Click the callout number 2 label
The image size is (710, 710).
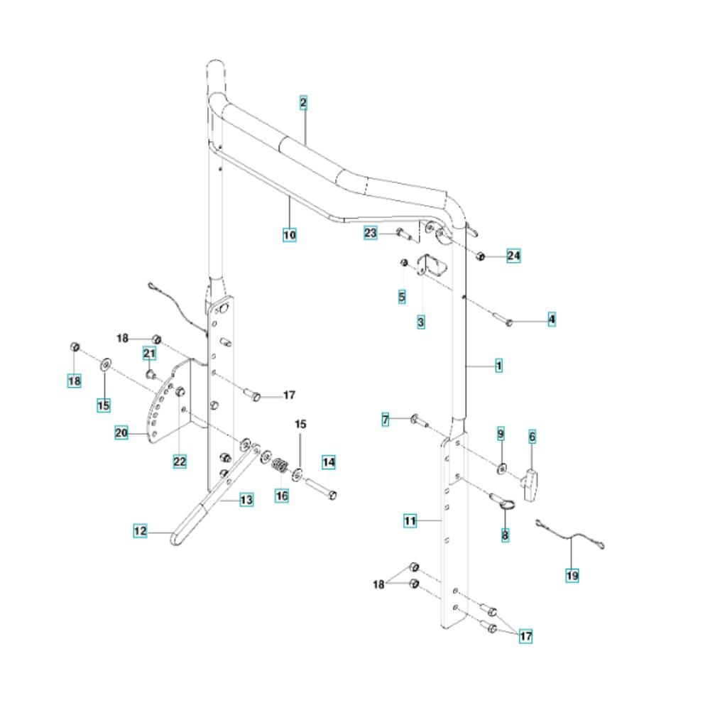(x=303, y=103)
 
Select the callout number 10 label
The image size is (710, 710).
(x=290, y=235)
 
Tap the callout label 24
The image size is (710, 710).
(x=513, y=256)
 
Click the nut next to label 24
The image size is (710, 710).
(x=481, y=256)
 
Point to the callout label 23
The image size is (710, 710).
(x=371, y=233)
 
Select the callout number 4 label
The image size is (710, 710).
(x=552, y=319)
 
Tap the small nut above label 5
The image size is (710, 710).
(x=405, y=263)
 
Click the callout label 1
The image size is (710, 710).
(x=498, y=366)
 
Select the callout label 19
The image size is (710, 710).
(x=572, y=576)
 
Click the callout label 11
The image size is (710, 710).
(x=410, y=521)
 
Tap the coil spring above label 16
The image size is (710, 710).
(x=280, y=465)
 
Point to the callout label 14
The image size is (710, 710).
(x=329, y=462)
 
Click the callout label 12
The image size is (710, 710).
(x=141, y=530)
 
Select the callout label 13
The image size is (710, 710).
(x=246, y=501)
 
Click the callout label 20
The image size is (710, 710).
(x=121, y=433)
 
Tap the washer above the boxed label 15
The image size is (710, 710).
(x=106, y=364)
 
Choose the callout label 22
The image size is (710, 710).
(x=180, y=461)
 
